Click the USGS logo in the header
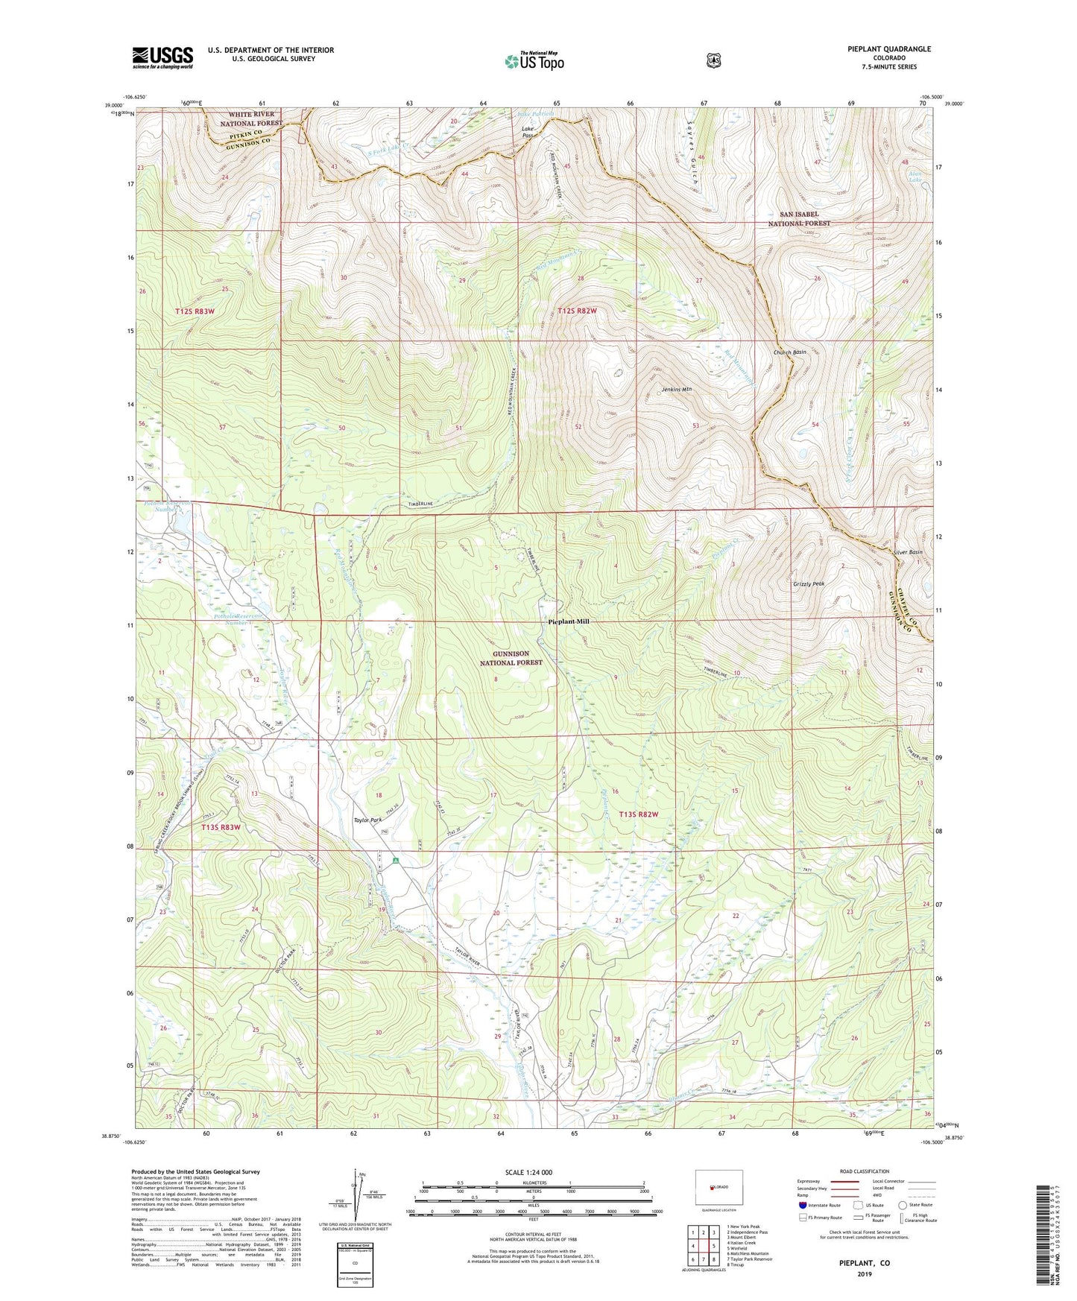tap(162, 57)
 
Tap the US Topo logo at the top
tap(533, 61)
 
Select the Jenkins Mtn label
tap(677, 389)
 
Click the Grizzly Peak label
tap(809, 584)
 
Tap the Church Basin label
tap(789, 352)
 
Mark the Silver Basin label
tap(908, 552)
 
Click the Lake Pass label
tap(527, 132)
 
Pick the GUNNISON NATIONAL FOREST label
tap(511, 658)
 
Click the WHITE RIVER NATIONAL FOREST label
tap(251, 118)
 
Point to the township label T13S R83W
tap(221, 827)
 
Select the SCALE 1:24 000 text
tap(528, 1172)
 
